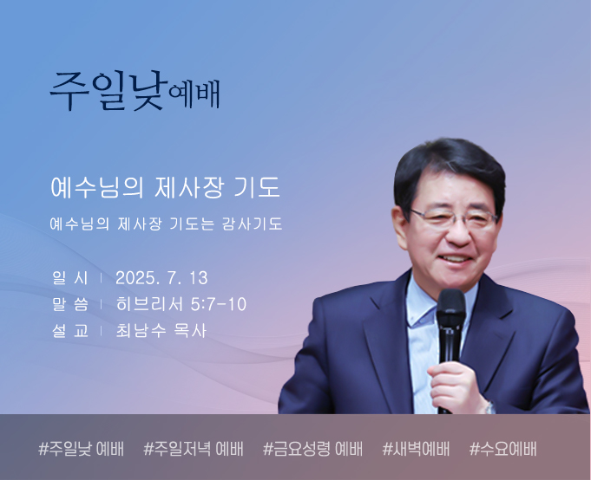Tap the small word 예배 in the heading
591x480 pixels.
[194, 94]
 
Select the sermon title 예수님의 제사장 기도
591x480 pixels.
[166, 187]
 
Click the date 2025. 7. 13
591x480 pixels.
[161, 278]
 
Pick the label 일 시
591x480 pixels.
[70, 278]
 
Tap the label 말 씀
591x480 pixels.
[70, 304]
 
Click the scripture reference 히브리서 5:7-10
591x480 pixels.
[181, 304]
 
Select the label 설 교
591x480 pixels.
[70, 331]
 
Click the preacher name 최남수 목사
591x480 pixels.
[161, 331]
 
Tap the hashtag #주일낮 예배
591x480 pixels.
[81, 449]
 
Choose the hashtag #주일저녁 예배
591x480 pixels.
[194, 449]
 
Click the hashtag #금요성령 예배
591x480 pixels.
[312, 449]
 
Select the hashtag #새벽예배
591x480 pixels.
[416, 449]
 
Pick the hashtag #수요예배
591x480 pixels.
[502, 449]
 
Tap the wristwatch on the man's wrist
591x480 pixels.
[489, 407]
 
